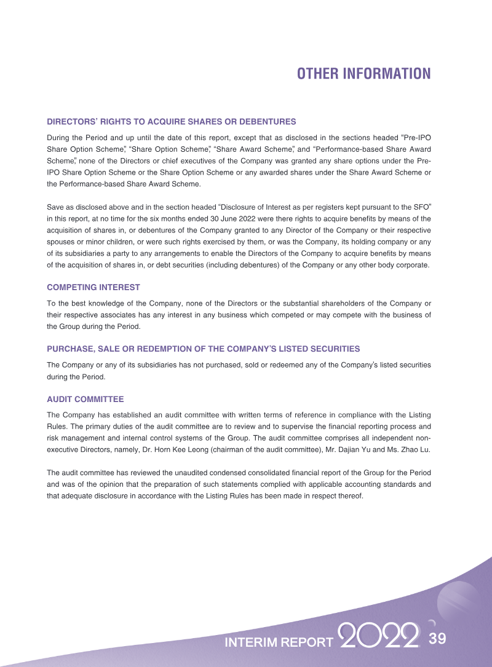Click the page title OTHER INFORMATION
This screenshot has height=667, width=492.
point(363,74)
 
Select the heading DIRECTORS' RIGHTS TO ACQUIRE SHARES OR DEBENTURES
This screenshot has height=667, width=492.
point(172,122)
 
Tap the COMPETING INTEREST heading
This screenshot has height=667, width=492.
point(93,287)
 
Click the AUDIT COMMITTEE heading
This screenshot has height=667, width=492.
point(85,399)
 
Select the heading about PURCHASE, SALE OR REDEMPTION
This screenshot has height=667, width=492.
point(204,349)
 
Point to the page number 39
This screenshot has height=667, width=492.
point(437,639)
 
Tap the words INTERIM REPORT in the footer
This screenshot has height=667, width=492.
point(279,643)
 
